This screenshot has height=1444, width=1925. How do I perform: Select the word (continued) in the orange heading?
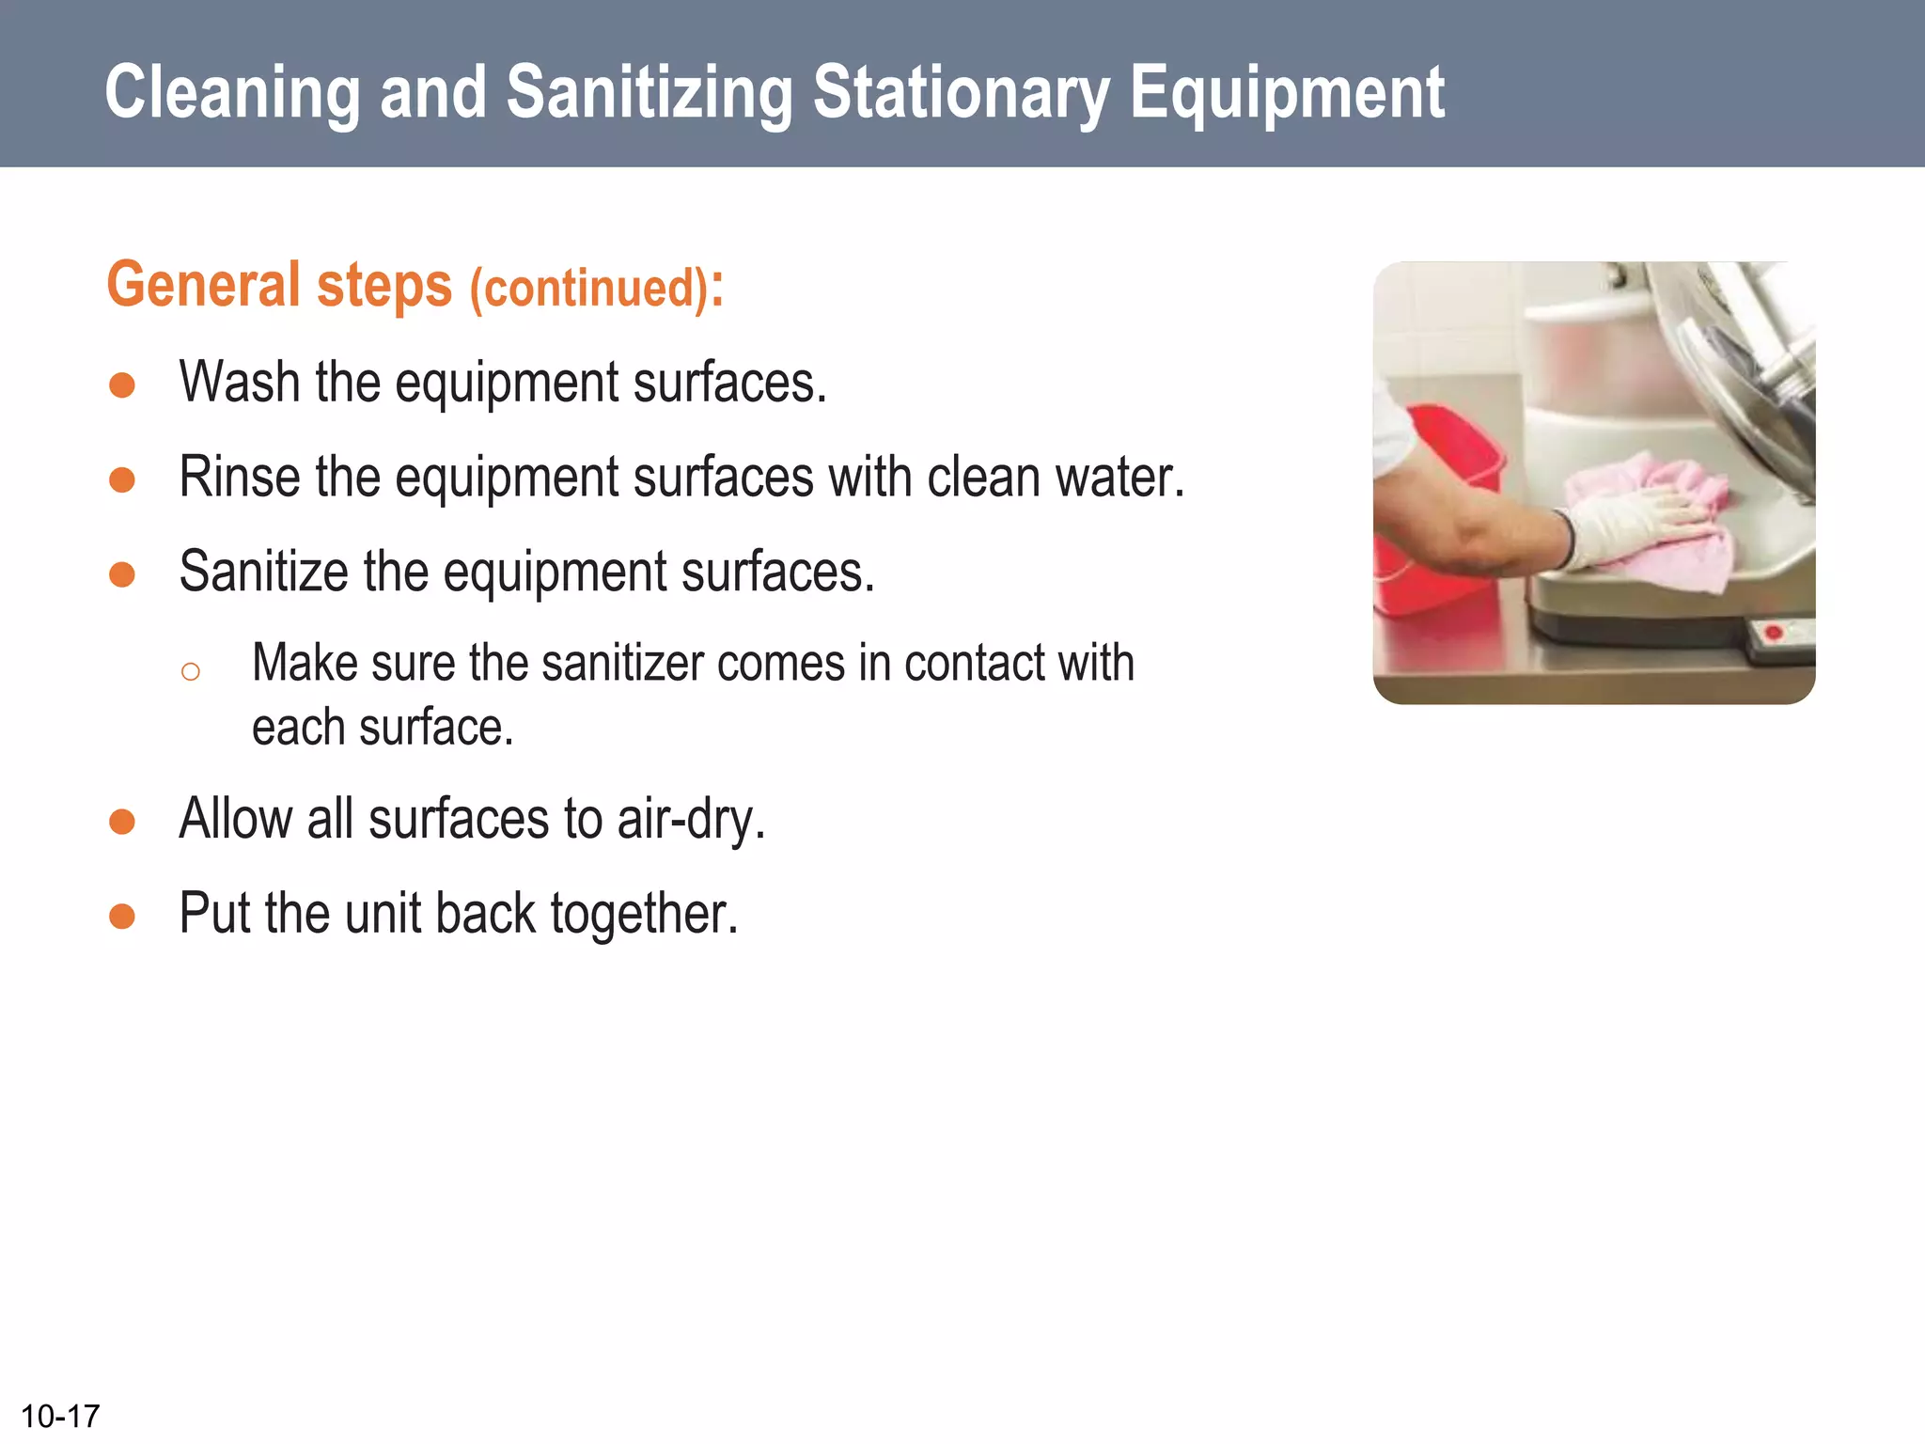click(588, 288)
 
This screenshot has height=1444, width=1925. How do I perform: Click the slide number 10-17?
click(60, 1416)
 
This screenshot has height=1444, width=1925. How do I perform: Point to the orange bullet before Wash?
click(122, 385)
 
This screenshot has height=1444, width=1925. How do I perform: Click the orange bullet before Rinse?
click(122, 480)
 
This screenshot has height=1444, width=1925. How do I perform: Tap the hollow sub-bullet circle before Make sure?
click(191, 671)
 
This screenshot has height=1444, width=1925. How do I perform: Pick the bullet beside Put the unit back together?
click(122, 916)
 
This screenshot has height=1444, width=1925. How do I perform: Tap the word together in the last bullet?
click(644, 914)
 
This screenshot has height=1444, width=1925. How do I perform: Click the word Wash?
click(240, 383)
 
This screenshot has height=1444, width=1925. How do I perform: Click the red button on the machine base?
click(1774, 633)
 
